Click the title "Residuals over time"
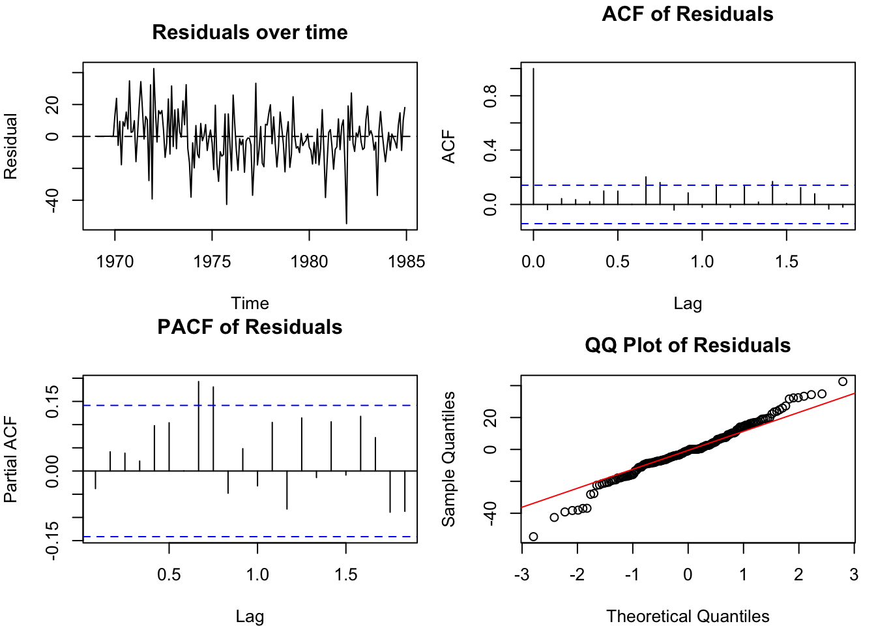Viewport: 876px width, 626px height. tap(250, 33)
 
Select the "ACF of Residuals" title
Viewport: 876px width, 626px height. tap(688, 14)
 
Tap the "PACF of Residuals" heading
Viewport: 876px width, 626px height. tap(250, 327)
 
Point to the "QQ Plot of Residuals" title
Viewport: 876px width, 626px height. tap(688, 346)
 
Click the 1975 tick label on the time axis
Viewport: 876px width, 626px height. tap(212, 262)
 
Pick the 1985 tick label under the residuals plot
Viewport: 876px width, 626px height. tap(406, 262)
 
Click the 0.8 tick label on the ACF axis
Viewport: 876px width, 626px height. tap(490, 97)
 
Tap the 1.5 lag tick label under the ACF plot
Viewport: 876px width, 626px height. tap(786, 262)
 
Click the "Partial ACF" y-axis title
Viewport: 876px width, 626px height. tap(10, 460)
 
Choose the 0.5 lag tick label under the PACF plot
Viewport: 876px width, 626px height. tap(169, 575)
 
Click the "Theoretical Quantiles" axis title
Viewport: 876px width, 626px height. tap(688, 616)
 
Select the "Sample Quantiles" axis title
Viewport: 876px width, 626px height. tap(448, 459)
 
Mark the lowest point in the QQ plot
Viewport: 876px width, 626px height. tap(533, 537)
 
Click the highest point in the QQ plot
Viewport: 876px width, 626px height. tap(843, 381)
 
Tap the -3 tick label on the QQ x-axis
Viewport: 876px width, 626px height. tap(521, 575)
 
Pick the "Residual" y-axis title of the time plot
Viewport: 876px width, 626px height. tap(10, 146)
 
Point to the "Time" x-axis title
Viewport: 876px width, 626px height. tap(250, 303)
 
